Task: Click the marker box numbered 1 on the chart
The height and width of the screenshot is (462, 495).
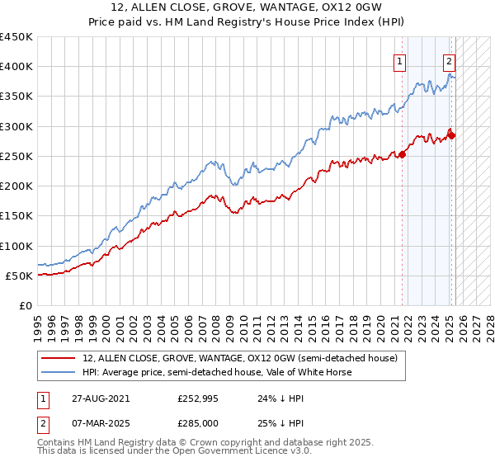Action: (x=400, y=60)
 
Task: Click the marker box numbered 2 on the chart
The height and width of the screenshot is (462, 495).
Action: (x=449, y=60)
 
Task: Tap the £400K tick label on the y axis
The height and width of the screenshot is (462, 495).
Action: (x=16, y=67)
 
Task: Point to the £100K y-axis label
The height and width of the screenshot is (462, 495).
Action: (x=16, y=246)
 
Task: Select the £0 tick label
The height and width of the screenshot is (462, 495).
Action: (x=26, y=306)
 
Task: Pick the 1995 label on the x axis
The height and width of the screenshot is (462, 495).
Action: (x=38, y=321)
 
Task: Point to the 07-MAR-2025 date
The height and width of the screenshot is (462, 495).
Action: (x=96, y=422)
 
